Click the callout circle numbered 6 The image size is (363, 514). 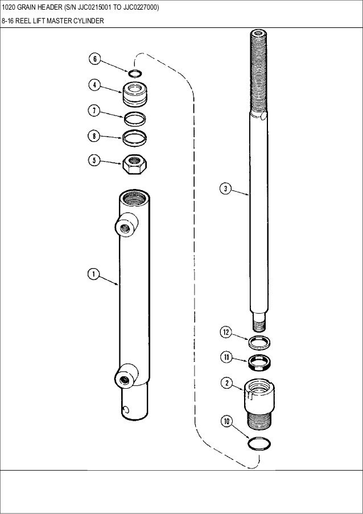pos(96,59)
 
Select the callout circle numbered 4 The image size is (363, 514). pos(95,85)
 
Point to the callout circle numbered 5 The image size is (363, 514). pos(95,161)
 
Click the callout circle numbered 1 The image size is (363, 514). pos(93,275)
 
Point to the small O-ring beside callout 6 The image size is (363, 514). pos(134,73)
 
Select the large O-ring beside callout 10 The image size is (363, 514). pos(259,442)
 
